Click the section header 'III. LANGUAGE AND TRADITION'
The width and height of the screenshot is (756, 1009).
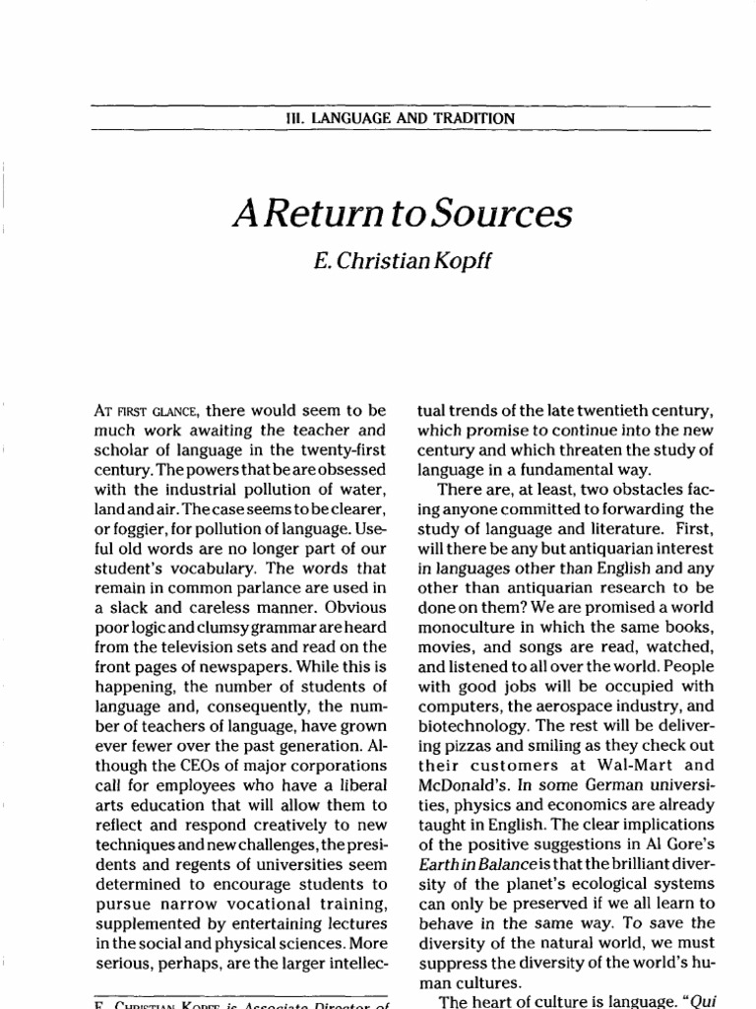[x=398, y=118]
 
